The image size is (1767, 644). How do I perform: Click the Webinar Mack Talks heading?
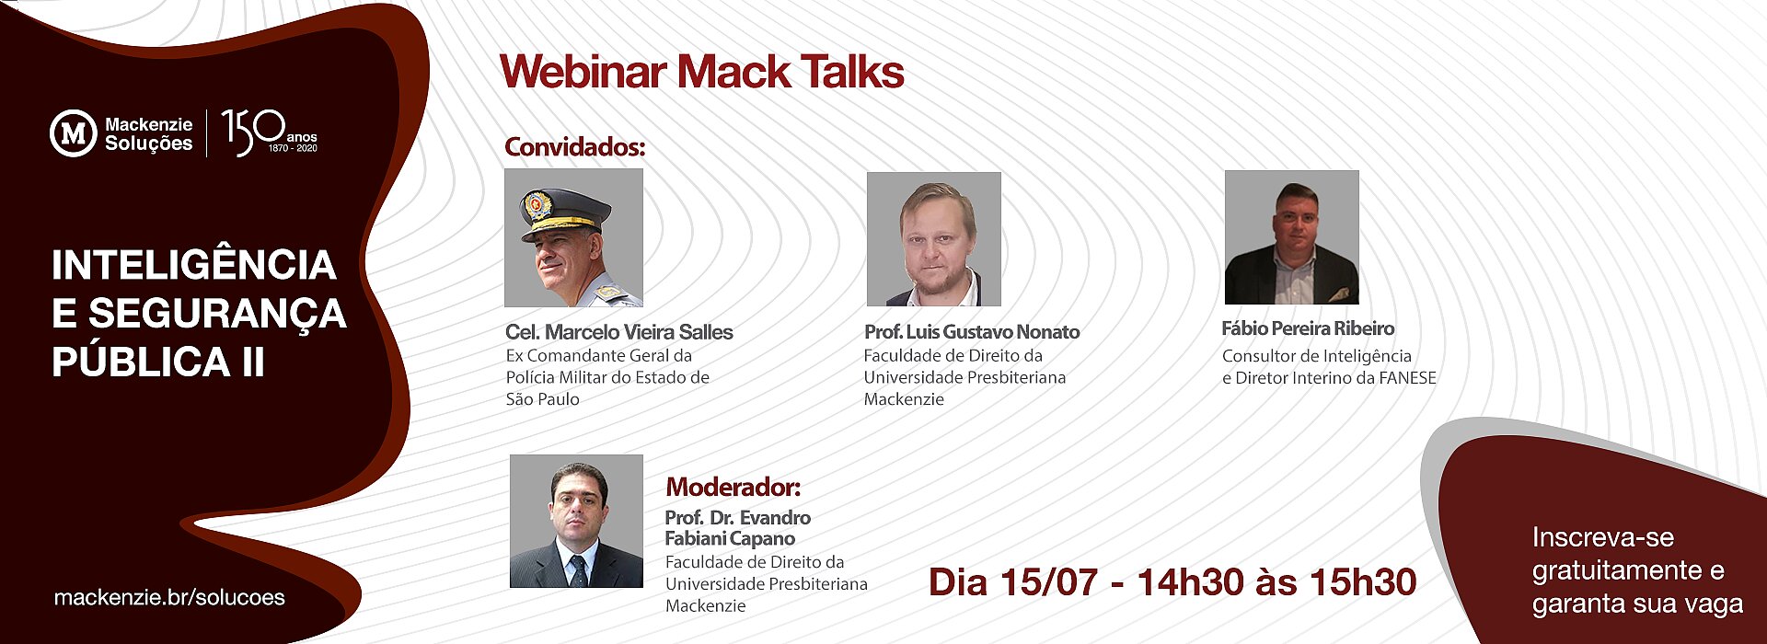click(x=701, y=72)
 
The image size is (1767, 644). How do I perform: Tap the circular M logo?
click(x=73, y=133)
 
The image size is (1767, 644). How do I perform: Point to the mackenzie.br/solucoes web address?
click(x=169, y=597)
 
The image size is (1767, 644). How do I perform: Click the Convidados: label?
click(x=575, y=147)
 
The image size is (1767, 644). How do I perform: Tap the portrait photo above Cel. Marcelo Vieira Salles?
click(x=573, y=237)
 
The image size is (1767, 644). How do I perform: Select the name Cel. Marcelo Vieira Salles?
click(x=619, y=332)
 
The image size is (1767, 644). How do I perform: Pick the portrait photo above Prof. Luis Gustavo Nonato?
click(x=934, y=239)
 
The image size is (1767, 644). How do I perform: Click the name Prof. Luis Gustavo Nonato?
click(x=972, y=332)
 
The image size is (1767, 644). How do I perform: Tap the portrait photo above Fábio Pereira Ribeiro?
click(x=1292, y=237)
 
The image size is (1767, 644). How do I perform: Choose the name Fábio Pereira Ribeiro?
click(x=1308, y=328)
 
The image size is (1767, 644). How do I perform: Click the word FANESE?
click(x=1407, y=378)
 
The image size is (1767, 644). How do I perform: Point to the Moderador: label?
click(x=733, y=487)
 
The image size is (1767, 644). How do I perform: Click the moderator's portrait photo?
click(x=576, y=521)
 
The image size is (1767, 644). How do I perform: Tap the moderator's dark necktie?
click(x=578, y=570)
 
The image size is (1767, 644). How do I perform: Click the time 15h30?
click(x=1363, y=582)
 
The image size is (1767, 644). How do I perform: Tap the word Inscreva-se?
click(x=1603, y=537)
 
